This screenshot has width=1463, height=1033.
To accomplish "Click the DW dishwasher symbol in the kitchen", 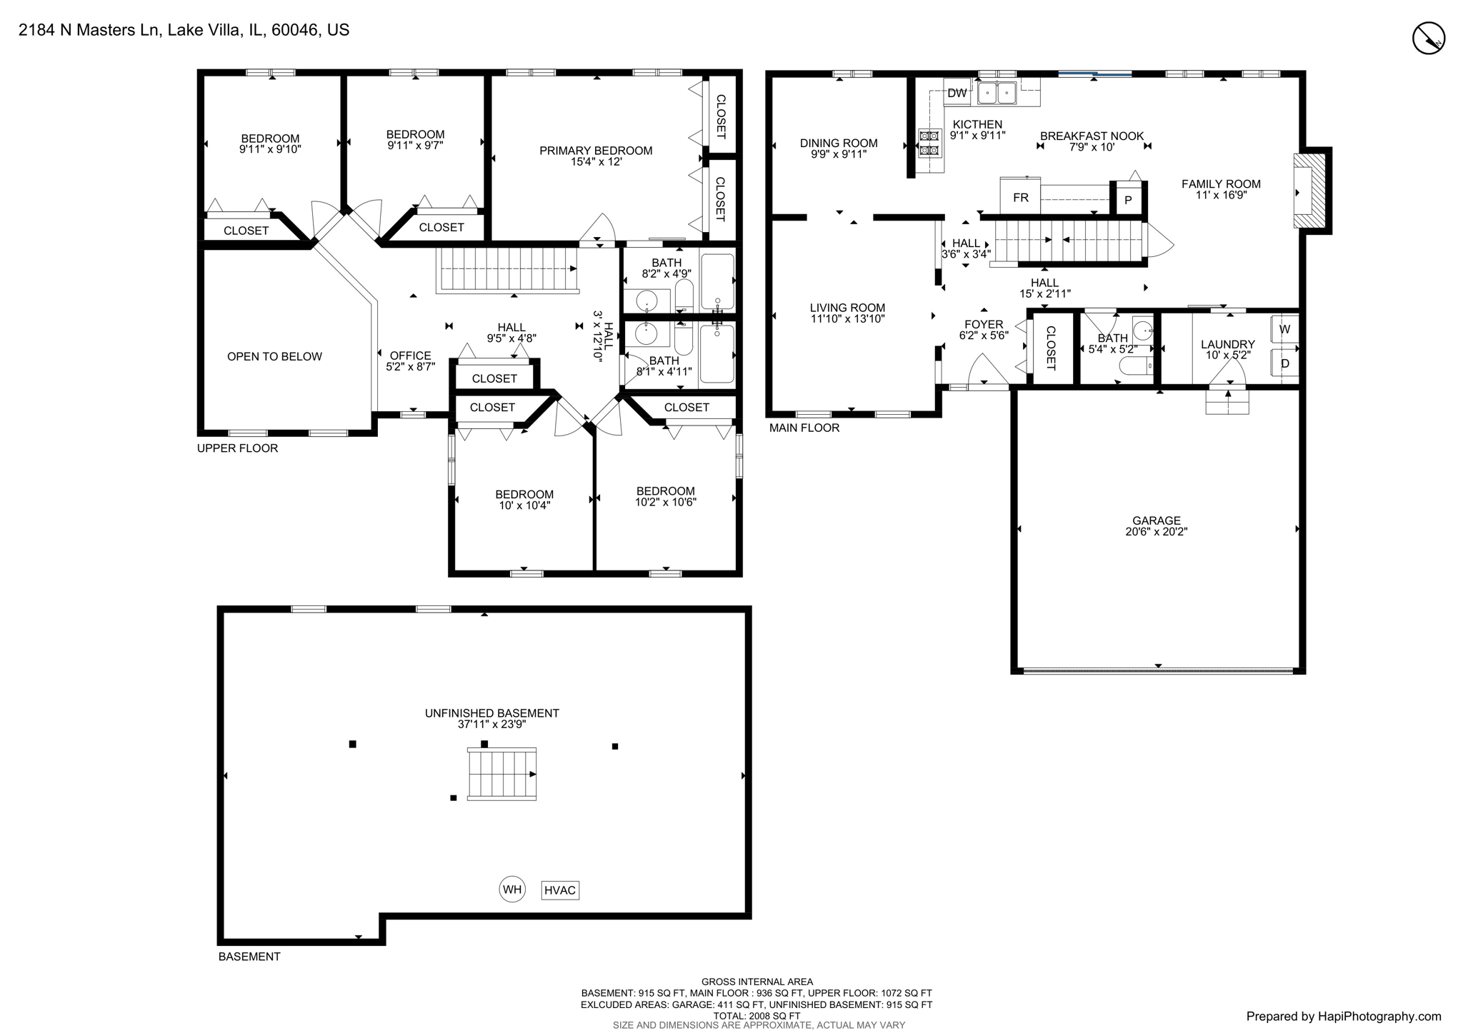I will (x=957, y=93).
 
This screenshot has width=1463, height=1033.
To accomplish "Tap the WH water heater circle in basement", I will (x=512, y=890).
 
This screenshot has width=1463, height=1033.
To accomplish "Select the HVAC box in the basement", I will (x=560, y=890).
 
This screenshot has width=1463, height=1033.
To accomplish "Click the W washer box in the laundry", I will (x=1284, y=329).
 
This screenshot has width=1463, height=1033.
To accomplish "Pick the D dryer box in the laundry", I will (x=1284, y=363).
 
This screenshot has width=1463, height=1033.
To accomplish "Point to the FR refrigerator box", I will (x=1020, y=197).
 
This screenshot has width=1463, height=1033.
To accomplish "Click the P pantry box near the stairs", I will (x=1128, y=200).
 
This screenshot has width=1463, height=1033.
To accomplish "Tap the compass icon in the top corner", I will (x=1429, y=38).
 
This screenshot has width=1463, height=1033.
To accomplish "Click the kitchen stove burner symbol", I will (x=929, y=143).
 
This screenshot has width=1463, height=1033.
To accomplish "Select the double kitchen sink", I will (x=997, y=93).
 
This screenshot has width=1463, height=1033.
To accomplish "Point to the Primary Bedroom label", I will (x=596, y=151).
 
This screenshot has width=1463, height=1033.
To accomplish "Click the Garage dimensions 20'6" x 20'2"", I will (x=1156, y=532).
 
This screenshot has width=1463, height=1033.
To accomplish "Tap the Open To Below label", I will (x=274, y=356).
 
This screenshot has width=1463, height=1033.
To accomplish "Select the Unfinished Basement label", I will (x=491, y=713).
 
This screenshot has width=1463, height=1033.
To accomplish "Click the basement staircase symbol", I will (x=501, y=774).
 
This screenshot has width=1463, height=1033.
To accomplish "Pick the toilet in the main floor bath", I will (x=1135, y=366).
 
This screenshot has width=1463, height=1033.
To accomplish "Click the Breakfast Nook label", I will (x=1092, y=136).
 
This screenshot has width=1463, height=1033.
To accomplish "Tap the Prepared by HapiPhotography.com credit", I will (x=1343, y=1016).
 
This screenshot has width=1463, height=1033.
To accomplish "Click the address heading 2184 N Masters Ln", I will (x=184, y=30).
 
